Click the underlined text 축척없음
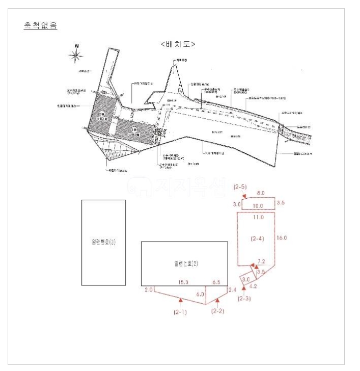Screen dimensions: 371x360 (40, 25)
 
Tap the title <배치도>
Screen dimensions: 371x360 (178, 44)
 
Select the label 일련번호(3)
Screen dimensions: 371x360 (103, 242)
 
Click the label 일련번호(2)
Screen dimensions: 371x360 (185, 263)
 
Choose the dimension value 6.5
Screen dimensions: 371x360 (216, 282)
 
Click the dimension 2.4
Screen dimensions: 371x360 (233, 290)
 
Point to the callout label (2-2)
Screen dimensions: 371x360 (218, 311)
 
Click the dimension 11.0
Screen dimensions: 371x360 (258, 218)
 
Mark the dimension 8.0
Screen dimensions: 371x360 (260, 194)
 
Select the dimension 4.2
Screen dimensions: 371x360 (253, 286)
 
